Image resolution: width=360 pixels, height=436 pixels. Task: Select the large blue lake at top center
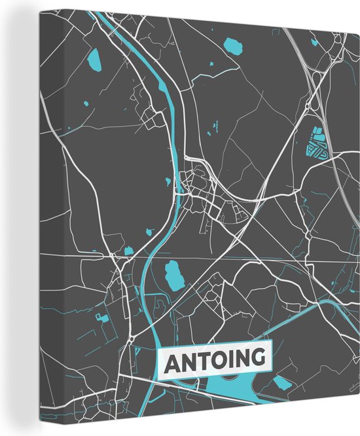(x=232, y=45)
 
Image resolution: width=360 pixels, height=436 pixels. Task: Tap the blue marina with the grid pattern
(x=315, y=143)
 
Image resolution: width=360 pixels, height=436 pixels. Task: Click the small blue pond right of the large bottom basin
(x=282, y=384)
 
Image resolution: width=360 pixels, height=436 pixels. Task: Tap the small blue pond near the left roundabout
(x=128, y=250)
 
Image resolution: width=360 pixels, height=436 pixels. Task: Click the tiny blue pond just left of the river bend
(x=150, y=230)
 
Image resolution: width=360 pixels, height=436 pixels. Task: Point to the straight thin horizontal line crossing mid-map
(x=262, y=259)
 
